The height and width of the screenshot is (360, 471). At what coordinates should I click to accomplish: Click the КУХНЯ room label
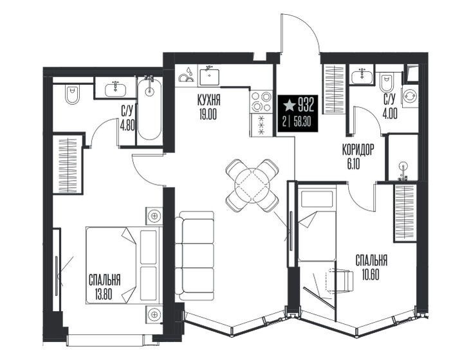pos(208,100)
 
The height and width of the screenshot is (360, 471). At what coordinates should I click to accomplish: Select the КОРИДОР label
pos(358,150)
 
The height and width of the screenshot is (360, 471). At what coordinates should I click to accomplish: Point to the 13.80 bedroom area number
pos(104,294)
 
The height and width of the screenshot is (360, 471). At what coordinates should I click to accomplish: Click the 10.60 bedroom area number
pos(371,274)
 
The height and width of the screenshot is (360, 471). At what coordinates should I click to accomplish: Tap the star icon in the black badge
pos(290,105)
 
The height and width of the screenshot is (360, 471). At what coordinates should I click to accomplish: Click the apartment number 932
pos(306,105)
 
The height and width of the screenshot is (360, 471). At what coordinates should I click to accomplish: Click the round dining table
pos(253,184)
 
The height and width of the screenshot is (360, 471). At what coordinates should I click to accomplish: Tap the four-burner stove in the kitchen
pos(261,102)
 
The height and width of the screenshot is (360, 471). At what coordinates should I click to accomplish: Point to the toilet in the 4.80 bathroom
pos(71,94)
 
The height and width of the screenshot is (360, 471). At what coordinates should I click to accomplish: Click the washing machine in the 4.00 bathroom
pos(410,96)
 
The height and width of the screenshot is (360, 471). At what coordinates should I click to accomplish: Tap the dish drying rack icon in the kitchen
pos(186,76)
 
